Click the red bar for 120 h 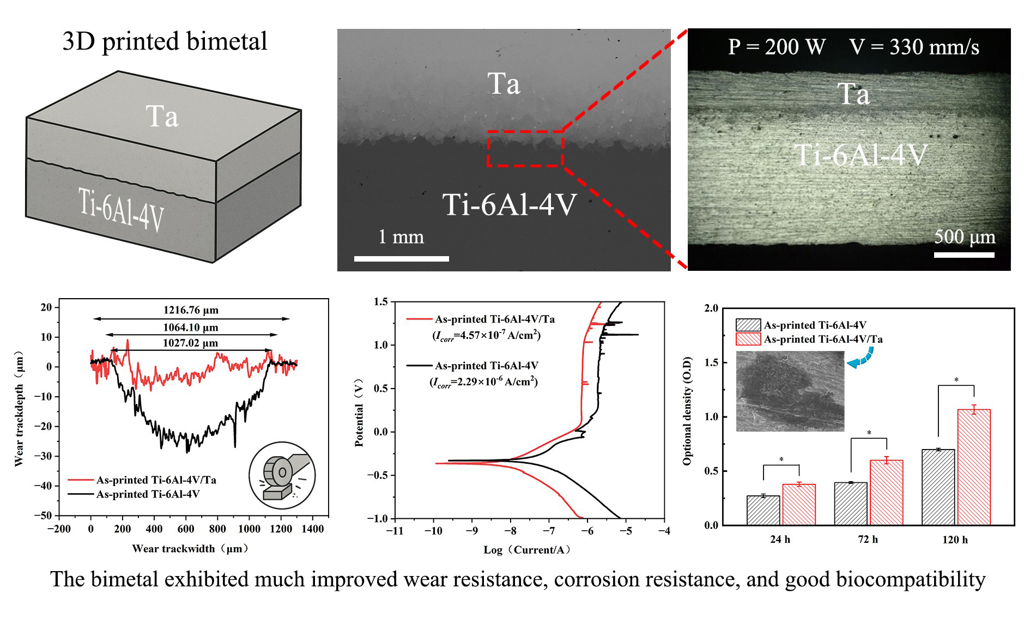click(973, 467)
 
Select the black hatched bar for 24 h click(763, 510)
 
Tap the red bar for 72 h click(886, 493)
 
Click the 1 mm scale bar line click(401, 258)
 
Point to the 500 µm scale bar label click(965, 237)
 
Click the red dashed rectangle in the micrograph click(525, 148)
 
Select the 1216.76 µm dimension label click(191, 310)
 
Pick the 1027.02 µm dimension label click(190, 343)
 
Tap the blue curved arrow click(859, 360)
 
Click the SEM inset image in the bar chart click(790, 391)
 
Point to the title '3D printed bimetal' click(165, 41)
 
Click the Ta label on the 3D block click(162, 116)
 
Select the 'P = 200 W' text click(777, 47)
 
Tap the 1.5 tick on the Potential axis click(381, 302)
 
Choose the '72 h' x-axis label click(868, 540)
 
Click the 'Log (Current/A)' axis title click(527, 550)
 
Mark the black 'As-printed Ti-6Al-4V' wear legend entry click(148, 494)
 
